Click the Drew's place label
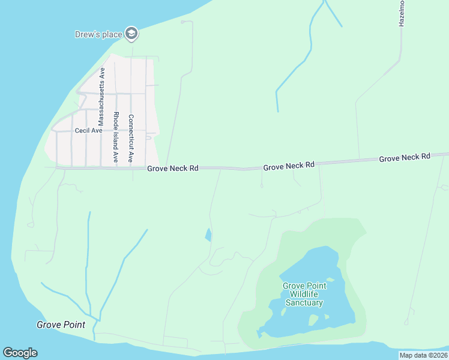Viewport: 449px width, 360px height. (x=98, y=34)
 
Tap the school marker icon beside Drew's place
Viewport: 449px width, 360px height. (x=131, y=34)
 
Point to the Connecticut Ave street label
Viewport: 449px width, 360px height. (x=131, y=139)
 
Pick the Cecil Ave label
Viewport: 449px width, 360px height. (x=89, y=130)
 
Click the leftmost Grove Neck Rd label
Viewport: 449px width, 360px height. (x=173, y=169)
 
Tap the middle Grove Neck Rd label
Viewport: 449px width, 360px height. (x=289, y=164)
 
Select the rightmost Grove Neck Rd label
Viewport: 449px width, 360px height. (x=404, y=157)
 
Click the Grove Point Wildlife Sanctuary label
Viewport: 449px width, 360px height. (x=305, y=294)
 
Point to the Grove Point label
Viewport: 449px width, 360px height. (x=61, y=325)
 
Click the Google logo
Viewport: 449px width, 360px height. (x=20, y=353)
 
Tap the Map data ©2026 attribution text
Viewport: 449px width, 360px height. (x=423, y=355)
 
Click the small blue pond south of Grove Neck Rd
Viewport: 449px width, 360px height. (x=208, y=235)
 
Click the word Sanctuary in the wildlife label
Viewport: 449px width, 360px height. (x=304, y=302)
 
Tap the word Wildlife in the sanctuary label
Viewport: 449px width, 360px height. (x=305, y=294)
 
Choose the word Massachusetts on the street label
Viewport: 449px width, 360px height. (x=102, y=93)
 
